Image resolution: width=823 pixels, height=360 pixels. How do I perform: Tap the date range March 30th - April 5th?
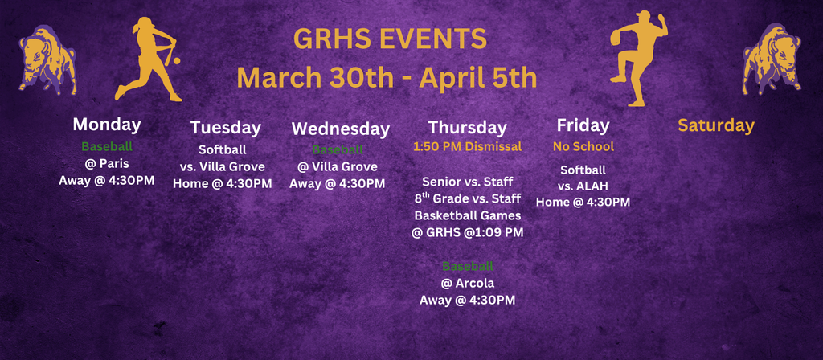(387, 78)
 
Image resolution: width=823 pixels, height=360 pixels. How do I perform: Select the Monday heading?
(107, 124)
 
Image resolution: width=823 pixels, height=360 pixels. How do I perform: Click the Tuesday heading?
(226, 127)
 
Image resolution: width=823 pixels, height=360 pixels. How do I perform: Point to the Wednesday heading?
(340, 129)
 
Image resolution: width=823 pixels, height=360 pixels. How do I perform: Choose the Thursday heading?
(467, 127)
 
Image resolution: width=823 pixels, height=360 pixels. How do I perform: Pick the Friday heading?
(583, 125)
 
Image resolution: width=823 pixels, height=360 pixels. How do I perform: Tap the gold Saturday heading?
(715, 125)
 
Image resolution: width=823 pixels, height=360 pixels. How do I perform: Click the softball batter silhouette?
(149, 59)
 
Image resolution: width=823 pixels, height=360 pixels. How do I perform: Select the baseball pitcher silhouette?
(638, 58)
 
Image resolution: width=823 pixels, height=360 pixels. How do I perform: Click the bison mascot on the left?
(47, 61)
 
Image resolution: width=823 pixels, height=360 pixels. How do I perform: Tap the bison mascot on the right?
(772, 59)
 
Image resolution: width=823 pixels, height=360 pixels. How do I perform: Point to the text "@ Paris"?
(107, 164)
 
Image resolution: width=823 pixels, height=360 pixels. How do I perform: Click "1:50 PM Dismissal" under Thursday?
(467, 146)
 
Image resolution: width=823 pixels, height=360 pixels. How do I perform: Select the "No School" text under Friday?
(583, 146)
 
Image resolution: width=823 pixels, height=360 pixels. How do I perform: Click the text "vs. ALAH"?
(583, 186)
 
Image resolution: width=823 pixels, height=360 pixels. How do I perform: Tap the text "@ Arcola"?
(467, 283)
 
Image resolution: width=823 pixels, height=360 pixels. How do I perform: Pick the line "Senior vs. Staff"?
(467, 182)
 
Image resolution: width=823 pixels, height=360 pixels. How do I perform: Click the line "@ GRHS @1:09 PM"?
(467, 232)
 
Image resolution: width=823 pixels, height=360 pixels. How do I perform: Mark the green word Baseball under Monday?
(107, 147)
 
